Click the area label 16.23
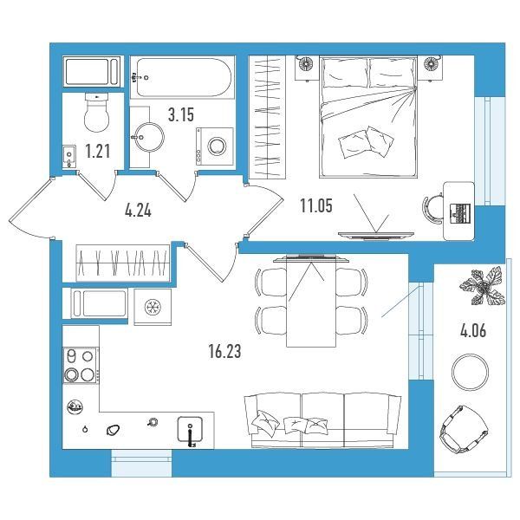coord(224,352)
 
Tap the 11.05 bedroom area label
coord(316,205)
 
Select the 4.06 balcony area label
coord(473,331)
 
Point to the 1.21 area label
coord(98,151)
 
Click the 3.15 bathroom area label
coord(181,115)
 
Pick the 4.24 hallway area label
coord(139,211)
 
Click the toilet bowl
coord(96,113)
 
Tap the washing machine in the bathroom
coord(215,146)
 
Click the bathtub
coord(182,77)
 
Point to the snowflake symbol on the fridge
coord(153,307)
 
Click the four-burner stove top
coord(80,365)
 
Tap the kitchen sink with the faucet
coord(190,430)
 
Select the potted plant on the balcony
coord(483,287)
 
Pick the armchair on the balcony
coord(464,429)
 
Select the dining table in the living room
coord(311,302)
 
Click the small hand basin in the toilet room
coord(69,155)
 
